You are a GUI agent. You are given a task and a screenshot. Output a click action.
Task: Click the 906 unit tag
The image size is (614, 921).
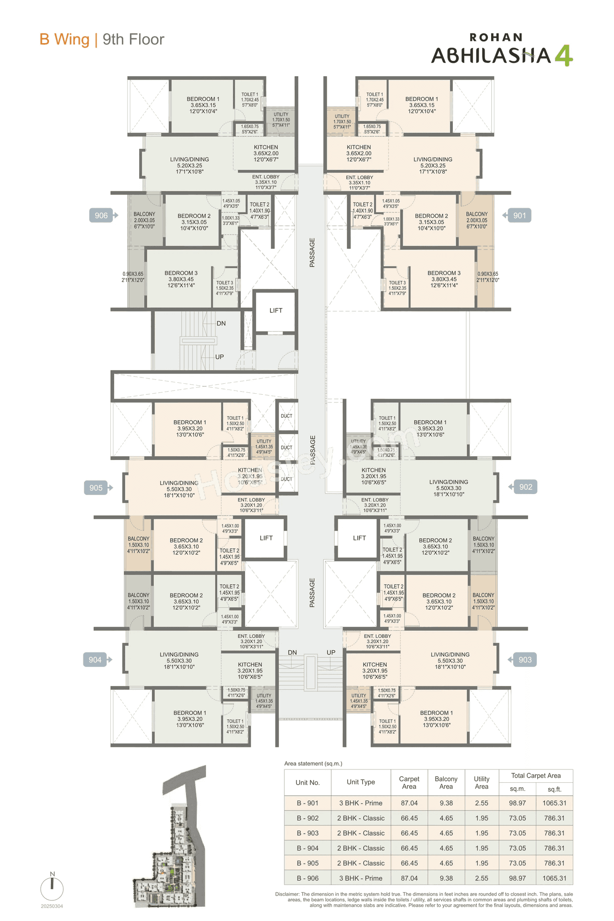[x=101, y=215]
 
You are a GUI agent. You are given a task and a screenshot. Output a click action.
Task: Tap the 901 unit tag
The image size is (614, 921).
[x=519, y=215]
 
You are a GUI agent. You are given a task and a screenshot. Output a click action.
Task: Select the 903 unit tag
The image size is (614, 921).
[x=525, y=660]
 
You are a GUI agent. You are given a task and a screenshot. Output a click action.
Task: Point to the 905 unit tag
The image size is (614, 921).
[x=96, y=488]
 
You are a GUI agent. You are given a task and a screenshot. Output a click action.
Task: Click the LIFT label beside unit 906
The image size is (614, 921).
[x=276, y=310]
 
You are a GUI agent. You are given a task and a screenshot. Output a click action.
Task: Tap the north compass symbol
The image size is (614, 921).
[x=52, y=888]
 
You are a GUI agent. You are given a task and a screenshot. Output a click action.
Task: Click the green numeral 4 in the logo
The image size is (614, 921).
[x=564, y=56]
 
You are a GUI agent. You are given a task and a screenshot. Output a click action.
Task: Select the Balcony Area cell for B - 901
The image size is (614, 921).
[x=446, y=803]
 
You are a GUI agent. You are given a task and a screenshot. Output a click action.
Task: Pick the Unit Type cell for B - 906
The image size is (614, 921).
[x=361, y=878]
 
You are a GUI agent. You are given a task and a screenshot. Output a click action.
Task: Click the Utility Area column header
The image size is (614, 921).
[x=482, y=782]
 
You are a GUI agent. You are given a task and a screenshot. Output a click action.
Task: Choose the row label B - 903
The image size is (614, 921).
[x=307, y=833]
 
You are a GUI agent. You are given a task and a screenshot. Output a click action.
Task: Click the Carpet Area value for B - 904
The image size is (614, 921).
[x=409, y=848]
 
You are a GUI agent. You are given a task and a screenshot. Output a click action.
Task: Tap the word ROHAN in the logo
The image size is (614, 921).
[x=496, y=37]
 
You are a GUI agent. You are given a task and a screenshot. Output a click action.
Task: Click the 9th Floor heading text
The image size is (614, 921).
[x=133, y=39]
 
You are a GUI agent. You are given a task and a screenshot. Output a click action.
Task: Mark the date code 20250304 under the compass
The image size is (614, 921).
[x=52, y=906]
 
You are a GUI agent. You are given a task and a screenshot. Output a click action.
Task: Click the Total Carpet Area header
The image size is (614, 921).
[x=535, y=776]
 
